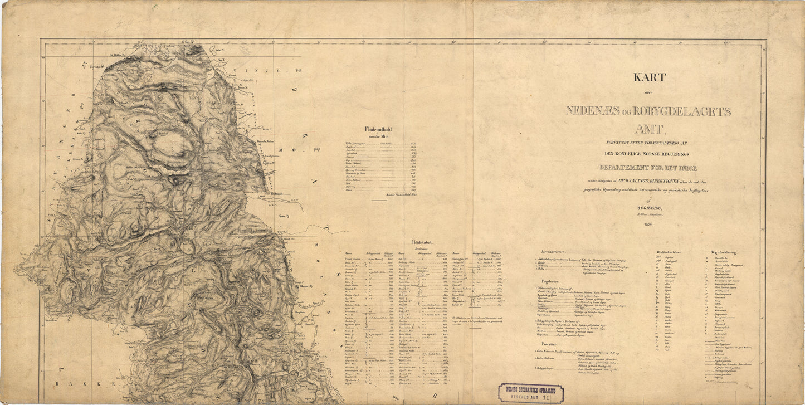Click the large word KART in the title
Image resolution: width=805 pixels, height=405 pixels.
[x=649, y=77]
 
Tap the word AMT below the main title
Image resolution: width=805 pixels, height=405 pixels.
[x=648, y=129]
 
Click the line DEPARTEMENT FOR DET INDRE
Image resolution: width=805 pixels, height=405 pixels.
[x=648, y=167]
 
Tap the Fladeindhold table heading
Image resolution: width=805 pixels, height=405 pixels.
[x=378, y=130]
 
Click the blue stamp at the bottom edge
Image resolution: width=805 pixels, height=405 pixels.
[x=531, y=393]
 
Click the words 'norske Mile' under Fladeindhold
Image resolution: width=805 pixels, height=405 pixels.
[x=379, y=136]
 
